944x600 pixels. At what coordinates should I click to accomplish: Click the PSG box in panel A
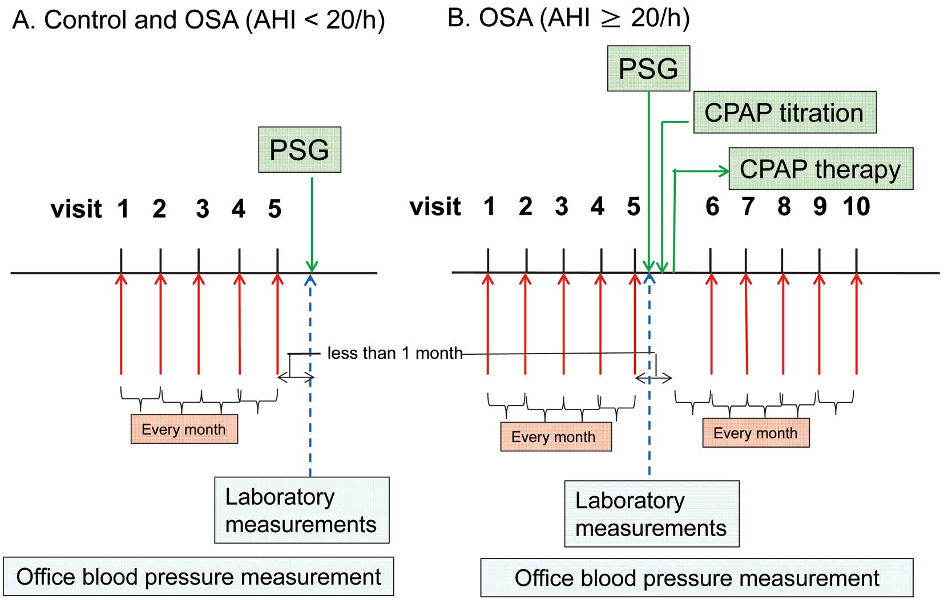click(300, 149)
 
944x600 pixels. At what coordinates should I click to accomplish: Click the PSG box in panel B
click(648, 68)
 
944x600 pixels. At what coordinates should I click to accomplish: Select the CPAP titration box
click(785, 112)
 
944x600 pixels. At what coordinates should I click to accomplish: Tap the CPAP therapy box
click(821, 168)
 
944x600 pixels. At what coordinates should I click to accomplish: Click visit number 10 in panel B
click(856, 206)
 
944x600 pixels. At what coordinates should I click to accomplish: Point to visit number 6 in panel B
click(712, 206)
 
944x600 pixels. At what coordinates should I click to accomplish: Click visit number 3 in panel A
click(202, 209)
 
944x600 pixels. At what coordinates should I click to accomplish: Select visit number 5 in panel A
click(275, 209)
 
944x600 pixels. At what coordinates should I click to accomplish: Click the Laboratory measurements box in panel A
click(302, 510)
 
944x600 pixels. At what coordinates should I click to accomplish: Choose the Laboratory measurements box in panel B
click(652, 514)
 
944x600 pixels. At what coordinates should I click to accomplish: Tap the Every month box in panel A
click(184, 429)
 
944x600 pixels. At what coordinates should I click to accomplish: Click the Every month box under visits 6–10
click(756, 433)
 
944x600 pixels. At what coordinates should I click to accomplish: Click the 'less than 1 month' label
click(395, 353)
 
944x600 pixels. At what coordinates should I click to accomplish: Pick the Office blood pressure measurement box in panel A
click(199, 577)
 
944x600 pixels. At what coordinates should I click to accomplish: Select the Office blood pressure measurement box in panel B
click(697, 578)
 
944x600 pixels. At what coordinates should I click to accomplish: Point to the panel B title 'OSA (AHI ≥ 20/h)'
click(584, 18)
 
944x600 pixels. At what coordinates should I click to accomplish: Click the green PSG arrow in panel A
click(312, 225)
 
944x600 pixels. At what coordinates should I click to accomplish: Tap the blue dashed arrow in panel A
click(310, 376)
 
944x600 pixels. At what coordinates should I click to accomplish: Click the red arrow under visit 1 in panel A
click(121, 324)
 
